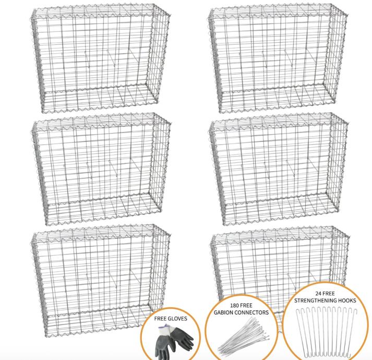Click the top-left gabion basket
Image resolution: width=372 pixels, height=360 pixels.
101,58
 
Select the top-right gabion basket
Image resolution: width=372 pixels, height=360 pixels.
278,58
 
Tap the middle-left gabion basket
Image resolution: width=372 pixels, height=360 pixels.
101,169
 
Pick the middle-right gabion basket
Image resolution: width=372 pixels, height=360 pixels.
278,169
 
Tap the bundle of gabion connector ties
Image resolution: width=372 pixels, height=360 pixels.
243,337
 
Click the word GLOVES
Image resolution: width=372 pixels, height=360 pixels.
177,318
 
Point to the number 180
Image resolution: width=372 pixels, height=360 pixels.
235,305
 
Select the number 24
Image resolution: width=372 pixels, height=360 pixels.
319,294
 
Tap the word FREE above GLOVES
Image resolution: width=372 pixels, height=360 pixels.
160,318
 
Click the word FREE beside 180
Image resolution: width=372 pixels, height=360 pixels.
247,305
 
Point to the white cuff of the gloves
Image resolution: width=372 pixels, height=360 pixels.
166,329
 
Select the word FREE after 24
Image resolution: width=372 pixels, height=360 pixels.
329,294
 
